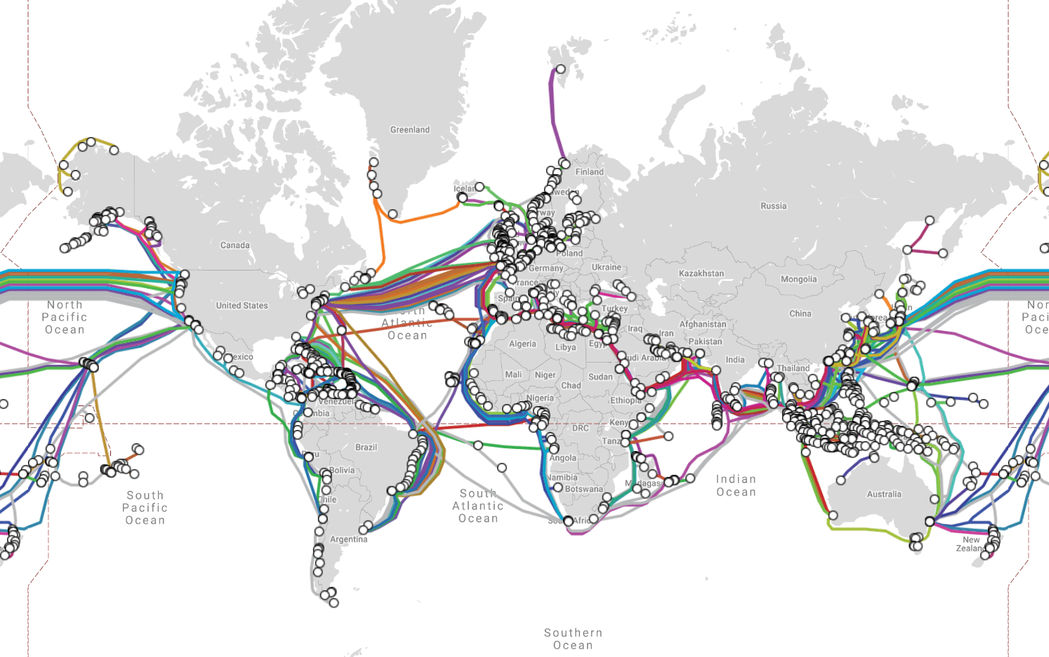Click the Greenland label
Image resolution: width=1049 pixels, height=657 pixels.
410,130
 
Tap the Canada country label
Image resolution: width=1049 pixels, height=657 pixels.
235,245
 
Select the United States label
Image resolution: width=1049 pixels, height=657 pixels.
242,306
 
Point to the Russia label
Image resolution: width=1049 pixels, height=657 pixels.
773,206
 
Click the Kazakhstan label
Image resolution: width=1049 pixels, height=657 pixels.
701,273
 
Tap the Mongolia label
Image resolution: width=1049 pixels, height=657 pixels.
798,279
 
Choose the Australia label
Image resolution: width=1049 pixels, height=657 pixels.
883,495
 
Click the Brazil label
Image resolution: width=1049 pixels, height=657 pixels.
366,448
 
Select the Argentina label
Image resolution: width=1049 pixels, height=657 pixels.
348,540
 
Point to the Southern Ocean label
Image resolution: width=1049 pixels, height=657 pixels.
573,639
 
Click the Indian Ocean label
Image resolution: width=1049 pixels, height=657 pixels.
736,486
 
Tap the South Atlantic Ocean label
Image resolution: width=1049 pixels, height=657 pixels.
478,506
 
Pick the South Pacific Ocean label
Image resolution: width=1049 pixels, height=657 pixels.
145,508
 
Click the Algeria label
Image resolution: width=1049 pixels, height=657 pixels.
522,344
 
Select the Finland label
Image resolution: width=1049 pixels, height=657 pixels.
589,172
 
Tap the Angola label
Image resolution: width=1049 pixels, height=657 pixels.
562,458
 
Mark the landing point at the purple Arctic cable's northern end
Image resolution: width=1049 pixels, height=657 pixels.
560,69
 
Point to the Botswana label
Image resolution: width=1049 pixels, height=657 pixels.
583,489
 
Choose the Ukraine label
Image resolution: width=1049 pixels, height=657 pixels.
606,268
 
